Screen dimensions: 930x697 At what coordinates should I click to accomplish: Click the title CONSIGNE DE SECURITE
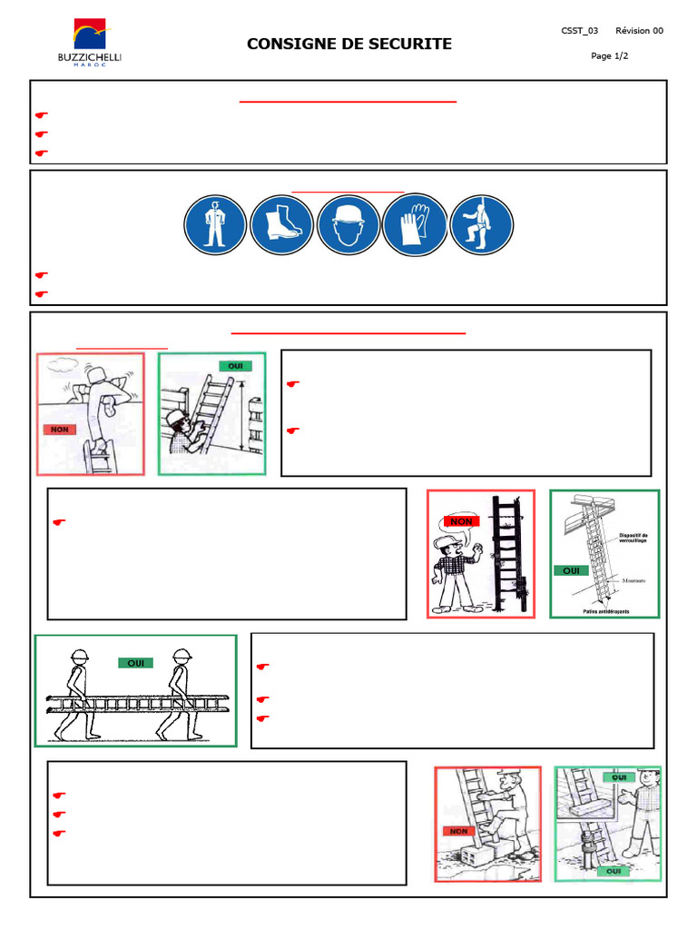[x=349, y=45]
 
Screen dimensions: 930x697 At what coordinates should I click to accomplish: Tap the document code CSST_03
[x=579, y=31]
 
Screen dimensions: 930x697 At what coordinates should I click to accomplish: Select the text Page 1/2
[x=609, y=56]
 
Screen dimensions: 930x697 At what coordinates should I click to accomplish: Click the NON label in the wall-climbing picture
[x=57, y=430]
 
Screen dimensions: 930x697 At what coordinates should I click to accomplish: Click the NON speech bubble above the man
[x=461, y=521]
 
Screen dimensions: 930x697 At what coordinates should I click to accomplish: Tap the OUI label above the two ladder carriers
[x=135, y=663]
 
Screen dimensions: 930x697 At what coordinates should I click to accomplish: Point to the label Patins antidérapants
[x=604, y=611]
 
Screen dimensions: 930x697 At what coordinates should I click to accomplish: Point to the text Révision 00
[x=639, y=31]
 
